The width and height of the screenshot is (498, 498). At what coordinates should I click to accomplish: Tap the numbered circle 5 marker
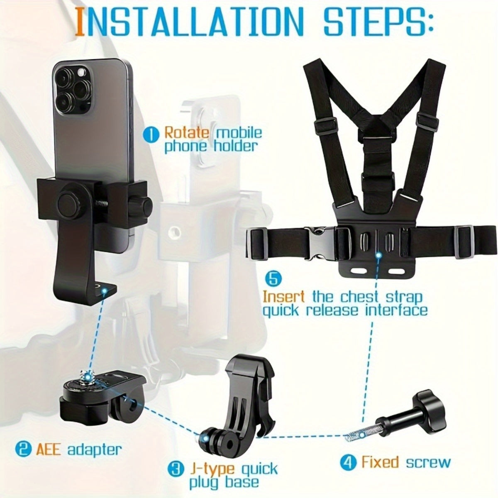pos(273,278)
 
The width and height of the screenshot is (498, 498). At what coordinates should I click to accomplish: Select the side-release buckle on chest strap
pos(320,239)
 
